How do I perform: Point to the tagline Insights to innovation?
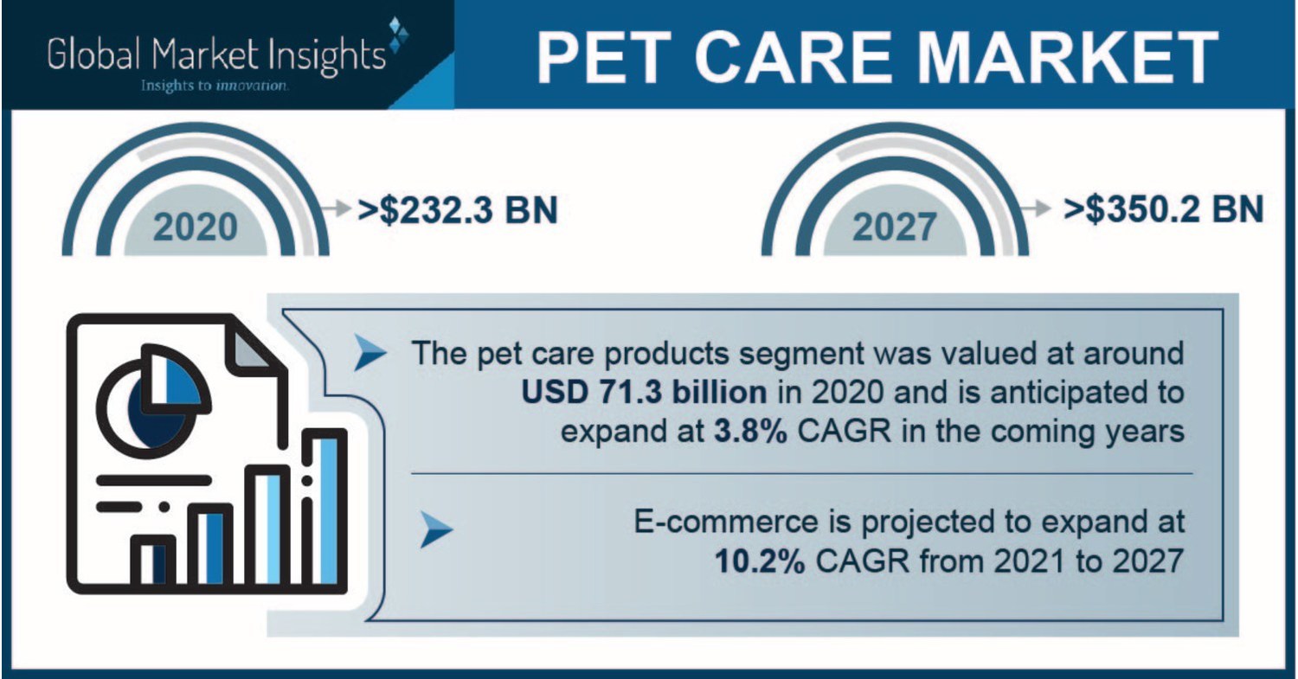pyautogui.click(x=215, y=86)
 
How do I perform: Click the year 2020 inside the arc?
pyautogui.click(x=196, y=227)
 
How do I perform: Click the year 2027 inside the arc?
pyautogui.click(x=894, y=227)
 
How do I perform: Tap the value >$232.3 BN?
pyautogui.click(x=458, y=210)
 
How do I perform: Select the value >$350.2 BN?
pyautogui.click(x=1165, y=210)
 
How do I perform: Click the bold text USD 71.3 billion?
pyautogui.click(x=644, y=392)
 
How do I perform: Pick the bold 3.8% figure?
pyautogui.click(x=749, y=431)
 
